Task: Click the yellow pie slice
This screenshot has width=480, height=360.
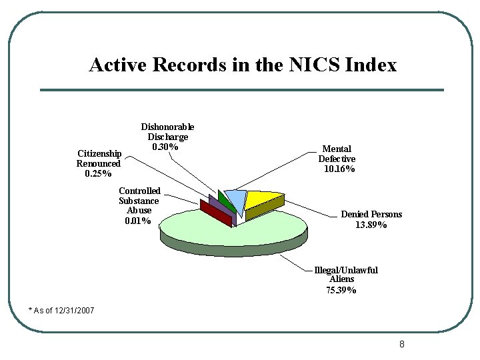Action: [x=262, y=199]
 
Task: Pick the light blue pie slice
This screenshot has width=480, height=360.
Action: [x=235, y=198]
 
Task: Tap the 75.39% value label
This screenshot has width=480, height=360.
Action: [x=341, y=291]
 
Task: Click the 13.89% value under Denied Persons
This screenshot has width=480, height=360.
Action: [x=371, y=225]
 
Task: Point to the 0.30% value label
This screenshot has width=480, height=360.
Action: [x=165, y=147]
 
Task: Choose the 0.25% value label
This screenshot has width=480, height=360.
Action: [x=99, y=174]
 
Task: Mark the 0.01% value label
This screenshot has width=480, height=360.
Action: [x=138, y=221]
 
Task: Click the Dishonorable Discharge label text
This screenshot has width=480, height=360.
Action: [x=167, y=131]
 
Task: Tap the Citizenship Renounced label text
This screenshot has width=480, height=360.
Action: [x=99, y=159]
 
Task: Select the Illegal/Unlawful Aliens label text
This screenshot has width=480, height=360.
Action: [x=345, y=275]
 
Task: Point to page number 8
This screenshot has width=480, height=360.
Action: [x=401, y=345]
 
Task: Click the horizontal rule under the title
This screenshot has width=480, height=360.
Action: [x=241, y=90]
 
